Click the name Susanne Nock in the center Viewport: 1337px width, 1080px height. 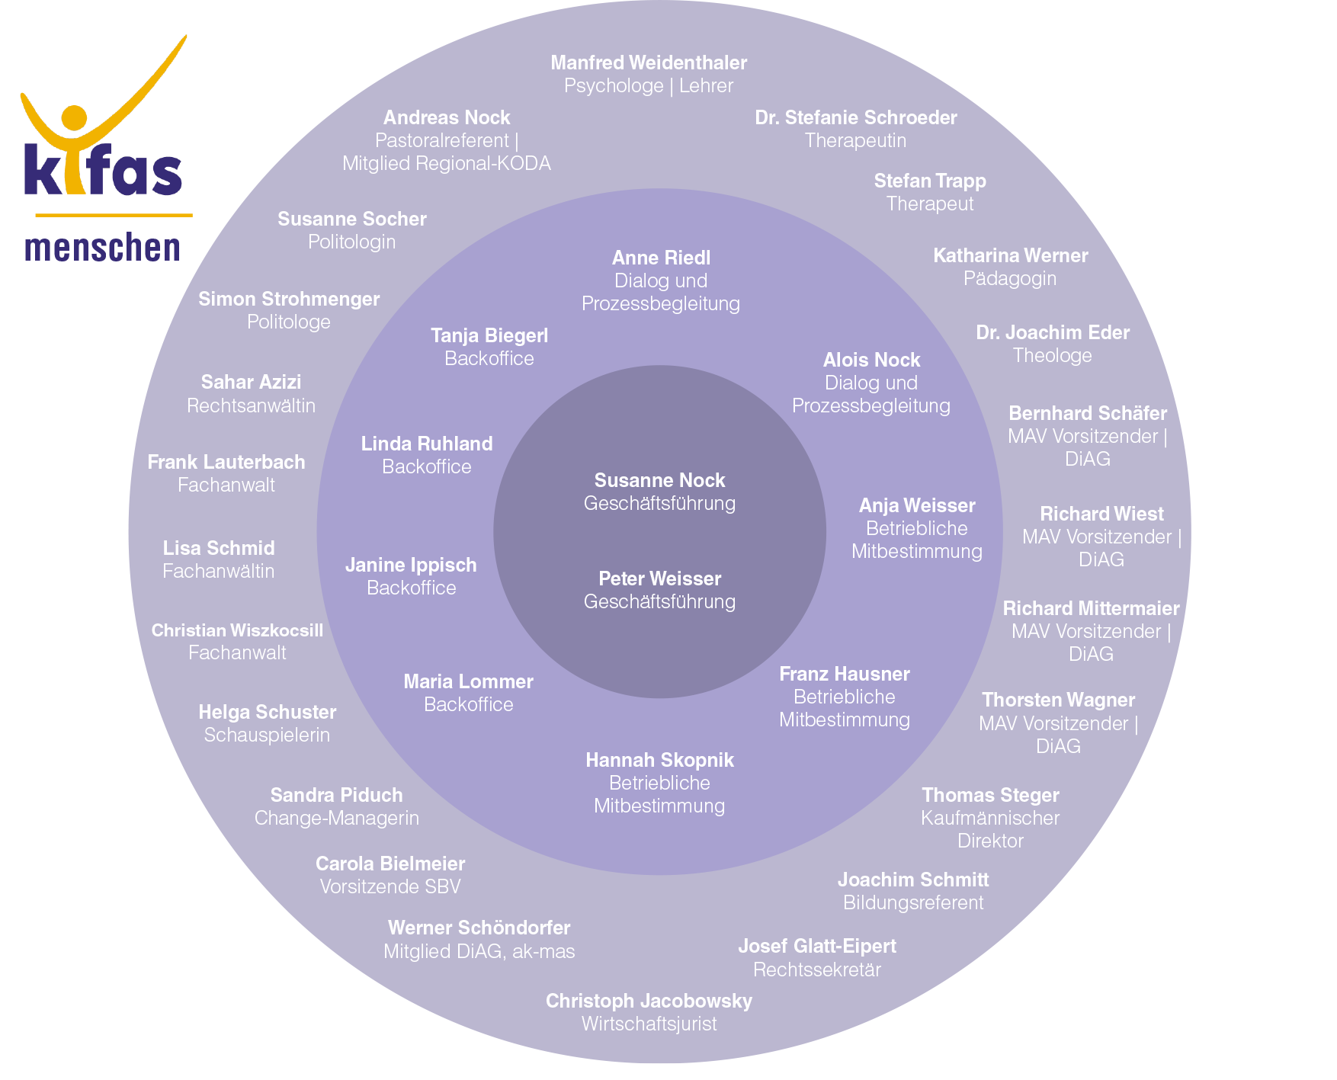point(659,480)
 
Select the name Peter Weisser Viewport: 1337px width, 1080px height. point(659,578)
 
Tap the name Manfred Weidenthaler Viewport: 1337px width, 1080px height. point(649,62)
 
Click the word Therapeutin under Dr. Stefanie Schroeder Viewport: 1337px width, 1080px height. point(855,141)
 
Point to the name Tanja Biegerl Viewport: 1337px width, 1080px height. point(489,335)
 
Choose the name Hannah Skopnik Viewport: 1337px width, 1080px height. point(659,760)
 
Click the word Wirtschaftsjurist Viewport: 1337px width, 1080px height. point(649,1024)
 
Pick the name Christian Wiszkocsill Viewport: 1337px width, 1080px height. point(237,630)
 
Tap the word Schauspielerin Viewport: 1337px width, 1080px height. point(267,735)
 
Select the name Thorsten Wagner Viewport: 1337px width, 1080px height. point(1058,700)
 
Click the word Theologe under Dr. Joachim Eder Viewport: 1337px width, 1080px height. point(1052,356)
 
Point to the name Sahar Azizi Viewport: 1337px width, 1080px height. point(251,382)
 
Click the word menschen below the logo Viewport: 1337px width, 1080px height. point(102,248)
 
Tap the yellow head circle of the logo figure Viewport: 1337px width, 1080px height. point(74,117)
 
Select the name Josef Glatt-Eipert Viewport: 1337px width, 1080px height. point(816,946)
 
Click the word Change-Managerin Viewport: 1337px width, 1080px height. point(336,818)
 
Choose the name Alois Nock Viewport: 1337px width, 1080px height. point(871,360)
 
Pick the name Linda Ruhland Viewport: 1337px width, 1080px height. point(427,444)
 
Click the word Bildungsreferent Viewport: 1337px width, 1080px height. point(912,903)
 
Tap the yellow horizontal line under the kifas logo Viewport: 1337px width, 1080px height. point(114,215)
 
